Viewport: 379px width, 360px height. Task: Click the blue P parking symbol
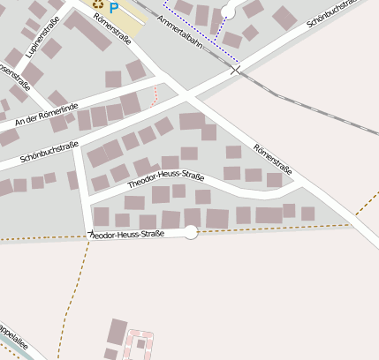pos(113,7)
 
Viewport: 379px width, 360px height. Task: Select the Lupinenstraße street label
pos(44,37)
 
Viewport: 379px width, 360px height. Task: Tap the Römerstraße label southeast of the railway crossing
pos(273,158)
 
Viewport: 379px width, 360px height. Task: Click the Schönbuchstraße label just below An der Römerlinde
pos(49,152)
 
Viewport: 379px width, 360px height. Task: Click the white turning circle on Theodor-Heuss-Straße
pos(191,232)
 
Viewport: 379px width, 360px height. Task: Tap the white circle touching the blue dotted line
pos(229,11)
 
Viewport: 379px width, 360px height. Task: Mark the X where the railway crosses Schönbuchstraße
pos(235,69)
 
